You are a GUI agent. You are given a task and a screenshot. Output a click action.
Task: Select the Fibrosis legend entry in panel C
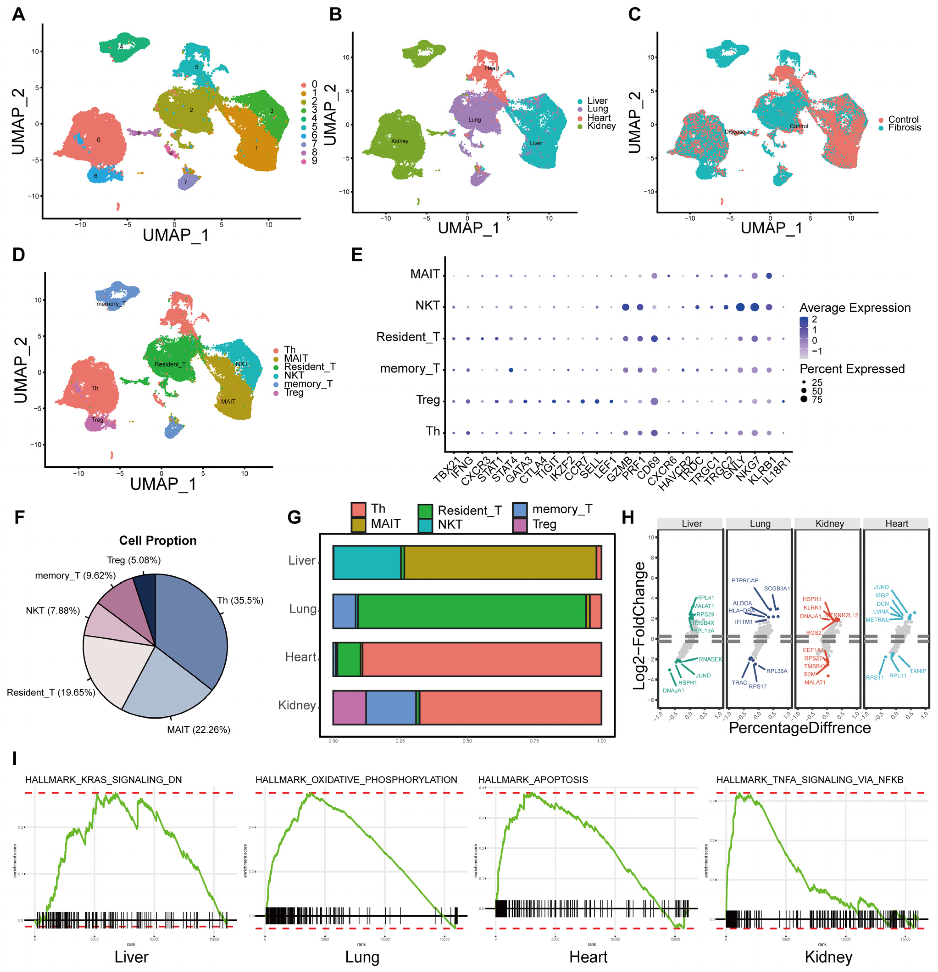(904, 127)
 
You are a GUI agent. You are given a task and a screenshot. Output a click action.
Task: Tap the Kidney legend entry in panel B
(601, 126)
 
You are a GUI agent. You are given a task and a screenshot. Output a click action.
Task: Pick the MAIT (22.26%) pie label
(198, 729)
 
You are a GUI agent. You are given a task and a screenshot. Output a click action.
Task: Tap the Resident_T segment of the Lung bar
(471, 611)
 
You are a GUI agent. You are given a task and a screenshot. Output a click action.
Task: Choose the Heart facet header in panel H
(896, 524)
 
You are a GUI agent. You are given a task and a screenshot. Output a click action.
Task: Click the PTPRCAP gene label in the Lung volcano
(745, 580)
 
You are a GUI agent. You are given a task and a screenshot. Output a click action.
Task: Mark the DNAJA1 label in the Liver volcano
(673, 690)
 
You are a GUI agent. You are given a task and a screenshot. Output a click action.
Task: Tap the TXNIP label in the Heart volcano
(918, 671)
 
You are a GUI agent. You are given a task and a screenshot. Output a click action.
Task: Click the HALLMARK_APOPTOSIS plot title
(533, 780)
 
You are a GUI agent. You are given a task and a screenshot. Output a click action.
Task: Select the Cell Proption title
(158, 540)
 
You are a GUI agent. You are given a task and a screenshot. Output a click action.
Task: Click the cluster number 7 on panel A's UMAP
(186, 182)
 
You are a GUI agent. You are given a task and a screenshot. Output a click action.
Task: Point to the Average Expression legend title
(855, 308)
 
